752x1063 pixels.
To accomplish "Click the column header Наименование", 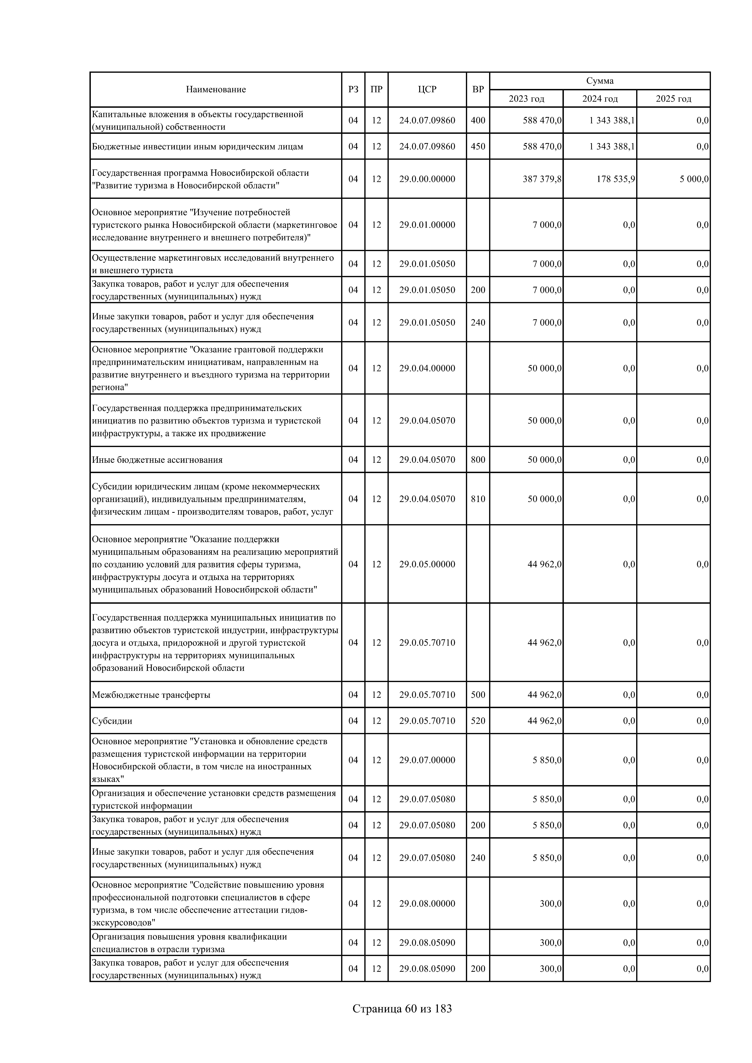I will (216, 89).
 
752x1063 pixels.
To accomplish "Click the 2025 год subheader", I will (673, 99).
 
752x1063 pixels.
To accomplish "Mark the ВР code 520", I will (478, 721).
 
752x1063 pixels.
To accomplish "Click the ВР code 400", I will (478, 120).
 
